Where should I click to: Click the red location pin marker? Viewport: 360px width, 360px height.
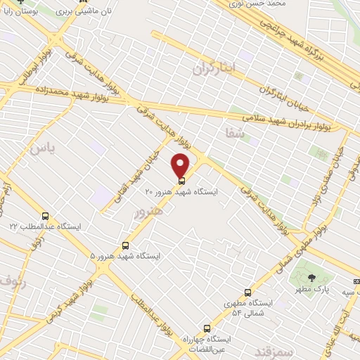[181, 166]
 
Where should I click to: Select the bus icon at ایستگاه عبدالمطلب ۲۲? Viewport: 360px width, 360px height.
[46, 216]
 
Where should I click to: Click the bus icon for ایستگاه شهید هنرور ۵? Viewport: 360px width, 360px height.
[125, 246]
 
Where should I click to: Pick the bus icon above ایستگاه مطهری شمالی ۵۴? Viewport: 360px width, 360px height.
[247, 292]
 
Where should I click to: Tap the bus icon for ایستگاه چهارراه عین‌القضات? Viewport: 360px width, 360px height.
[207, 328]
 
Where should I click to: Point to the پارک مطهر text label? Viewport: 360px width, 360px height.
[311, 289]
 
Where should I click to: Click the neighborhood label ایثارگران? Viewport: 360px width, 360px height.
[214, 68]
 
